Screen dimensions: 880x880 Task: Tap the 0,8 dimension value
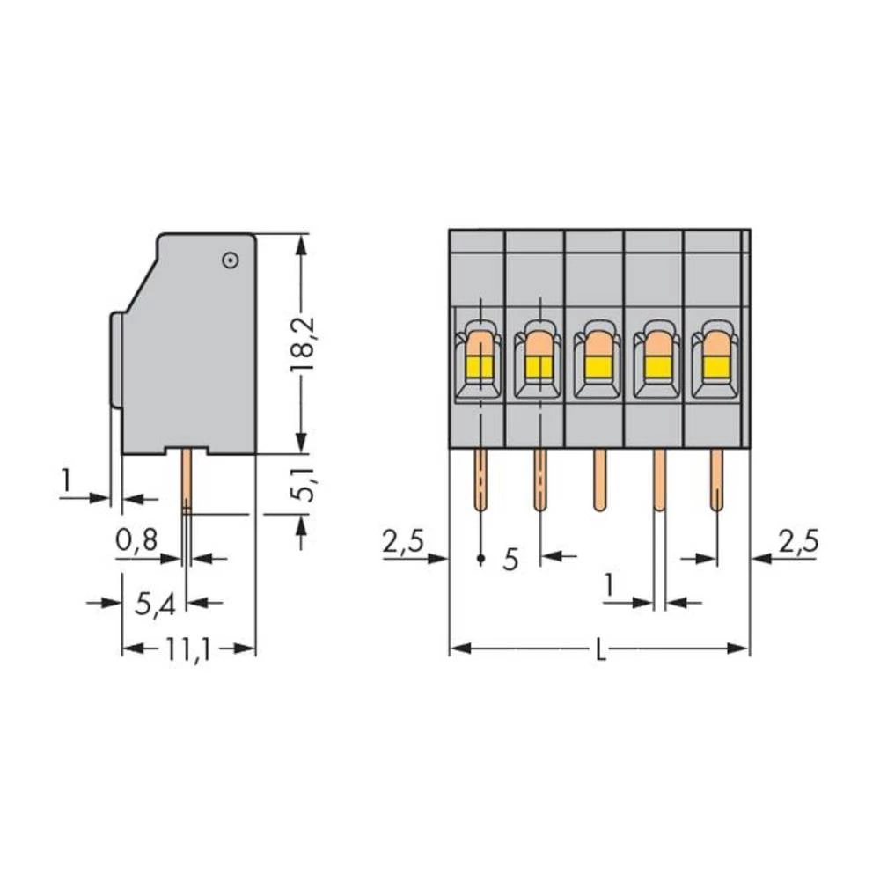click(136, 539)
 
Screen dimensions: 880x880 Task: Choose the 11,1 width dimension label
click(187, 651)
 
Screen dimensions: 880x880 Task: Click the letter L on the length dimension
click(600, 651)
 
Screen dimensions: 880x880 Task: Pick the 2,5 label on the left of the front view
click(403, 543)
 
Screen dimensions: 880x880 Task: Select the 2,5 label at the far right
click(797, 541)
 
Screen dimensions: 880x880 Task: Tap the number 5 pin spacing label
click(510, 559)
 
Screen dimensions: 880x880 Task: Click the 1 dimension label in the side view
click(66, 480)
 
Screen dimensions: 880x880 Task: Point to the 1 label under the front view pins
click(607, 585)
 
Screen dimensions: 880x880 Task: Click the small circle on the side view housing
click(230, 260)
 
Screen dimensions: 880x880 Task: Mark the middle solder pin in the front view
click(598, 480)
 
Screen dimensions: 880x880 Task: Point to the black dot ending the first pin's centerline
click(480, 559)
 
